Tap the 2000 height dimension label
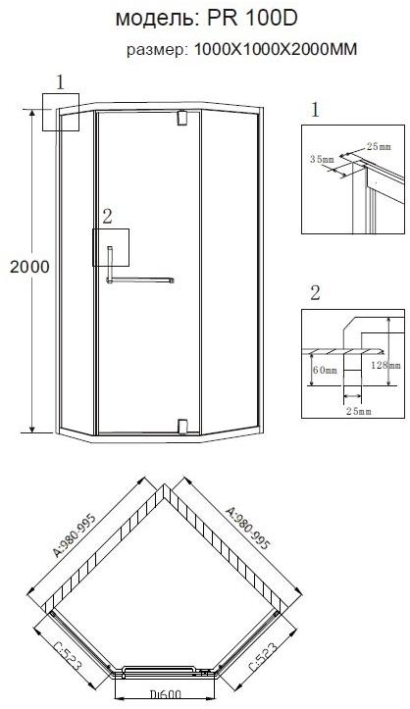(x=24, y=266)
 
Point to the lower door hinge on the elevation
(x=180, y=424)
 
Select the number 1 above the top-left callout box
(x=60, y=83)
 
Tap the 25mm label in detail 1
(x=377, y=146)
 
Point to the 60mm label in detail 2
(x=325, y=371)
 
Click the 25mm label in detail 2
(x=358, y=412)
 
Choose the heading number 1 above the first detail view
(x=315, y=110)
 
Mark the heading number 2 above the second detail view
(x=315, y=291)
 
